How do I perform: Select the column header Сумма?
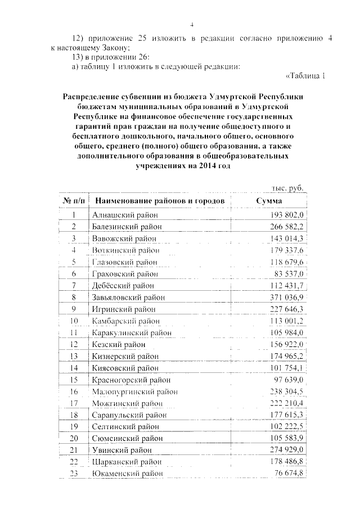click(x=269, y=201)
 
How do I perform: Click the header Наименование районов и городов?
click(x=160, y=201)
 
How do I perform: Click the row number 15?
click(x=74, y=379)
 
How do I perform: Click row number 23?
click(x=74, y=474)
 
